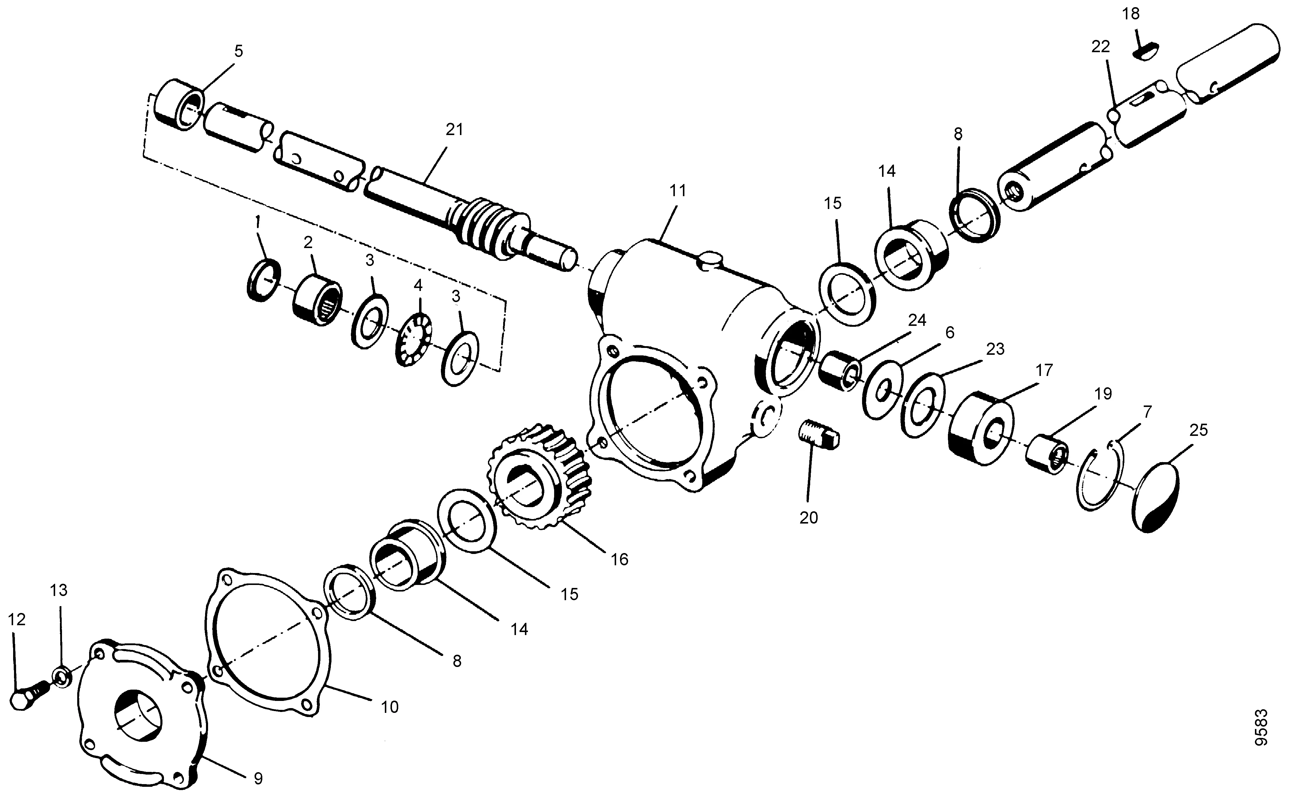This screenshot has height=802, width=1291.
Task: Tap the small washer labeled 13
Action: pos(61,677)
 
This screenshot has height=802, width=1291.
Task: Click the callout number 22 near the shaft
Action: pos(1100,47)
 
